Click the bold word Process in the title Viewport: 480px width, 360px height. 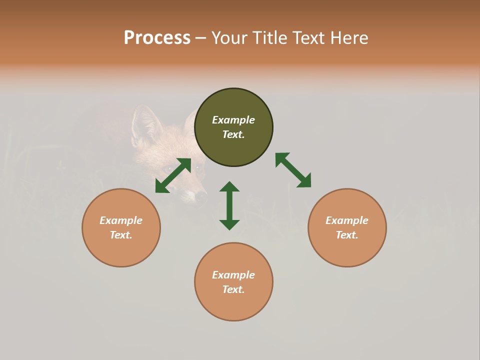tap(157, 37)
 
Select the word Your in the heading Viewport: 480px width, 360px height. tap(230, 37)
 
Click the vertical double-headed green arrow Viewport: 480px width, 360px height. tap(229, 205)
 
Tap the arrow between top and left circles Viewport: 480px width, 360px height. tap(173, 175)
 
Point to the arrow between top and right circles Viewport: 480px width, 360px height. tap(293, 170)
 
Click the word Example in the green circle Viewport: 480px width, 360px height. tap(233, 120)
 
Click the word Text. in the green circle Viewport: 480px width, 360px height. tap(233, 134)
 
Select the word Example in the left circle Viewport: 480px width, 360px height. tap(121, 220)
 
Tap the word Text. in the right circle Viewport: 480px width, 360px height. tap(347, 235)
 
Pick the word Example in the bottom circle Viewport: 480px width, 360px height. tap(233, 275)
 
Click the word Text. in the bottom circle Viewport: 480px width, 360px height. tap(233, 289)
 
